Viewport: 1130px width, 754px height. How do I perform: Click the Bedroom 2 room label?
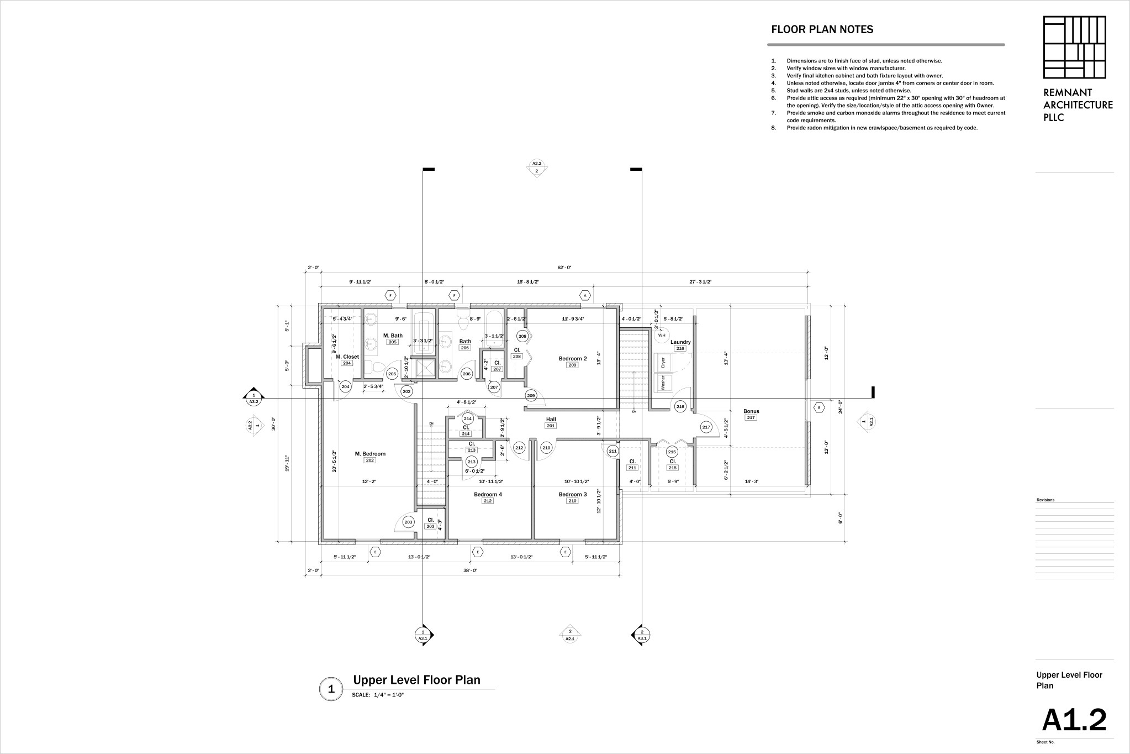[572, 358]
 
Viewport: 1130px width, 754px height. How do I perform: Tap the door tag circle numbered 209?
[531, 395]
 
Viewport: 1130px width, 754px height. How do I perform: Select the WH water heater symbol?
[662, 335]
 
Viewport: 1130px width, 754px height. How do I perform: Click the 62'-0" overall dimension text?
[564, 268]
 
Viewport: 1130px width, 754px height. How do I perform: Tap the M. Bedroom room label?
[370, 454]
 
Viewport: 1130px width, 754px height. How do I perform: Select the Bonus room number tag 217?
[751, 418]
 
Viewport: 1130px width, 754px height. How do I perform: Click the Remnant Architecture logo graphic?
[1074, 47]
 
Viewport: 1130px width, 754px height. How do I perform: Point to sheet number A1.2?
[1074, 720]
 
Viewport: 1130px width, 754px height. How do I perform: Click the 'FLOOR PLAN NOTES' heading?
[822, 30]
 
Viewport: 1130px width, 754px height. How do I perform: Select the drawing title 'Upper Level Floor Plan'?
[416, 680]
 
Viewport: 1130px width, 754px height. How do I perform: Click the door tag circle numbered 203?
[408, 522]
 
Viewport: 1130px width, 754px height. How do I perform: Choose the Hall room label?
[551, 419]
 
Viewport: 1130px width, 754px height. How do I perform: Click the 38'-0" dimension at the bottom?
[470, 570]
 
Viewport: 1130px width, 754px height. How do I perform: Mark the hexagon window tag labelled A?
[585, 295]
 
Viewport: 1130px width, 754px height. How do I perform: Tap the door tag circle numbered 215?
[672, 452]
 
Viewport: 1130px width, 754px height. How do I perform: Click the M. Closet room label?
[347, 357]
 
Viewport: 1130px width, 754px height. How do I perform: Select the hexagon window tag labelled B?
[819, 407]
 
